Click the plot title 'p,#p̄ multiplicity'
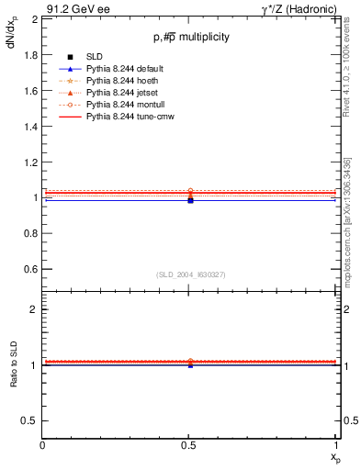pyautogui.click(x=191, y=37)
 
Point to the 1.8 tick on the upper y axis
pyautogui.click(x=29, y=54)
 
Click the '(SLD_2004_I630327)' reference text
pyautogui.click(x=190, y=274)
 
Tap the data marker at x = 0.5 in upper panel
pyautogui.click(x=190, y=199)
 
